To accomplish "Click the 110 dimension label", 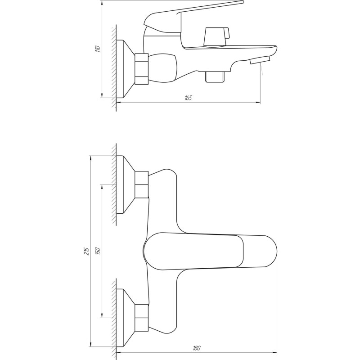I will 97,49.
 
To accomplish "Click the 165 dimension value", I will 188,98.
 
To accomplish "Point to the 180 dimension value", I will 197,347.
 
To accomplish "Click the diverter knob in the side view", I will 216,36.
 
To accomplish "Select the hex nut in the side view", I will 141,69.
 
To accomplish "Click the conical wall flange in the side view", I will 126,69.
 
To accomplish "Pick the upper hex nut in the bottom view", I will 142,184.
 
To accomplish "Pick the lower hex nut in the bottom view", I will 142,317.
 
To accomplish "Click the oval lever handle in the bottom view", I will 209,252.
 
